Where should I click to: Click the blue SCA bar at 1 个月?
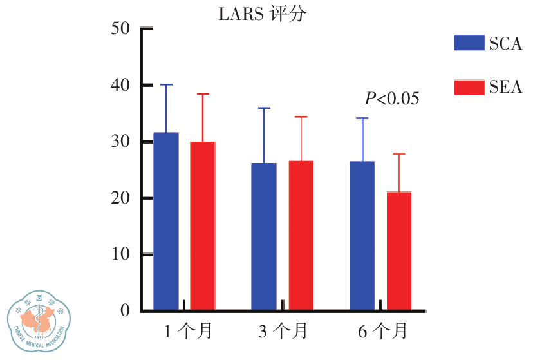point(166,222)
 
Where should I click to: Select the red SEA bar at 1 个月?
point(203,226)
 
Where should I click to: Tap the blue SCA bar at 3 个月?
point(264,236)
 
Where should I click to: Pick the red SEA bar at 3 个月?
point(301,236)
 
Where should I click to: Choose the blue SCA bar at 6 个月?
point(362,236)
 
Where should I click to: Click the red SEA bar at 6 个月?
point(398,251)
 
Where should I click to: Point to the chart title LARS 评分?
point(261,14)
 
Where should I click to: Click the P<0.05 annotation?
point(392,99)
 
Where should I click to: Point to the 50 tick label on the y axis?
point(120,29)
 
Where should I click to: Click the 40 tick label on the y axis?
point(120,85)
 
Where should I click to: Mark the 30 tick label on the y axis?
point(120,142)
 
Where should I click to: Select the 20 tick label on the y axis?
point(120,198)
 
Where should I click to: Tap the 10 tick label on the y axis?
point(120,254)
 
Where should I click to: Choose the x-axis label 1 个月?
point(187,332)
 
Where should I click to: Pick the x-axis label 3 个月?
point(283,332)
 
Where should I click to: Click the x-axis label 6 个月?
point(382,332)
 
